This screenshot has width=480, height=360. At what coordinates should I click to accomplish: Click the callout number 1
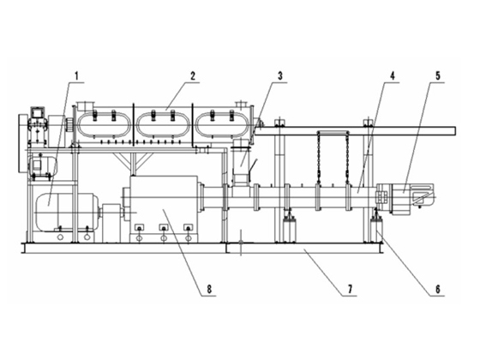(77, 75)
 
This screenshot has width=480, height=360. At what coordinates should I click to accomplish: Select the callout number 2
(192, 75)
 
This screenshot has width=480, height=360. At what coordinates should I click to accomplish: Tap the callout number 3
(280, 75)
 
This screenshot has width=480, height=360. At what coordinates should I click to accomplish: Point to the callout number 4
(393, 75)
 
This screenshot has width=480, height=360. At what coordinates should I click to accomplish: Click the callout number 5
(438, 75)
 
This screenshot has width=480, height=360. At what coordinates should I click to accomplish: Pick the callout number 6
(438, 289)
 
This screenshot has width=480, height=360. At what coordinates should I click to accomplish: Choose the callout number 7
(350, 289)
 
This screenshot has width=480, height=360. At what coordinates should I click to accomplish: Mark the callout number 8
(209, 289)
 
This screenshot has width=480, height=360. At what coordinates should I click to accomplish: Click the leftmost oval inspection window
(104, 124)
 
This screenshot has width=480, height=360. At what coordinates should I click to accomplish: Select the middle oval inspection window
(163, 124)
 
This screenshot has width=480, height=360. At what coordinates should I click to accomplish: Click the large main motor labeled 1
(67, 212)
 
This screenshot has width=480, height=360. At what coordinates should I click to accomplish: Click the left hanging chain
(318, 158)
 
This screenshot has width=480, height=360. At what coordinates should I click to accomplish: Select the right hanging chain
(347, 158)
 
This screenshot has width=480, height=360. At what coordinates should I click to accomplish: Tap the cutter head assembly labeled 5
(405, 198)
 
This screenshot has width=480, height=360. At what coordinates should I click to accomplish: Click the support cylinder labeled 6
(377, 228)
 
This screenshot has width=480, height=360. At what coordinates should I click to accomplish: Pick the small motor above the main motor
(42, 166)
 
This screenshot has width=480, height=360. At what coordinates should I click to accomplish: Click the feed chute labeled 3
(242, 162)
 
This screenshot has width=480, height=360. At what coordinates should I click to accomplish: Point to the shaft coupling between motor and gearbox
(111, 212)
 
